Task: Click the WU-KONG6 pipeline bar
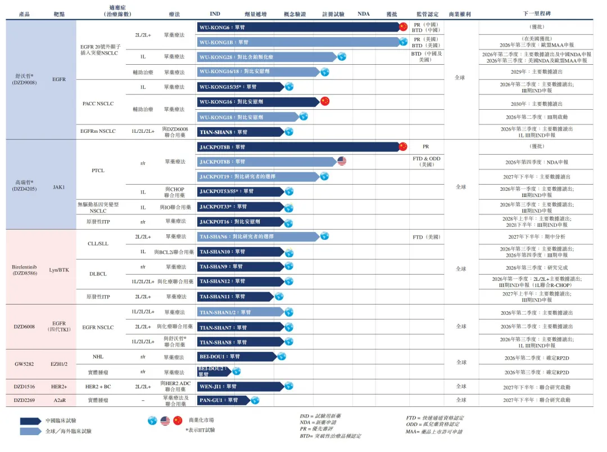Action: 298,27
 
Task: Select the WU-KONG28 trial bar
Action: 266,57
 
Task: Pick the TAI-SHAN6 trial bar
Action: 259,236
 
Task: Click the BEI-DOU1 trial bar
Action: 236,356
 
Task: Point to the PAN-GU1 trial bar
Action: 223,400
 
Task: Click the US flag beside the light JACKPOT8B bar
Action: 342,162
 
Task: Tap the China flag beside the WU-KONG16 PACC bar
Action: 324,101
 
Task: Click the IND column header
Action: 215,14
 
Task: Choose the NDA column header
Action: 364,14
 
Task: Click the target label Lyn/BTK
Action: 59,270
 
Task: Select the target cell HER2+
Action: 59,387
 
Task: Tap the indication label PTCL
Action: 98,170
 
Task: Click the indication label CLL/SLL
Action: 98,244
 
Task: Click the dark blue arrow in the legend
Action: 30,420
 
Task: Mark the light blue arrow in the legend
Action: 30,431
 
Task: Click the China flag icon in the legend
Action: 178,420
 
